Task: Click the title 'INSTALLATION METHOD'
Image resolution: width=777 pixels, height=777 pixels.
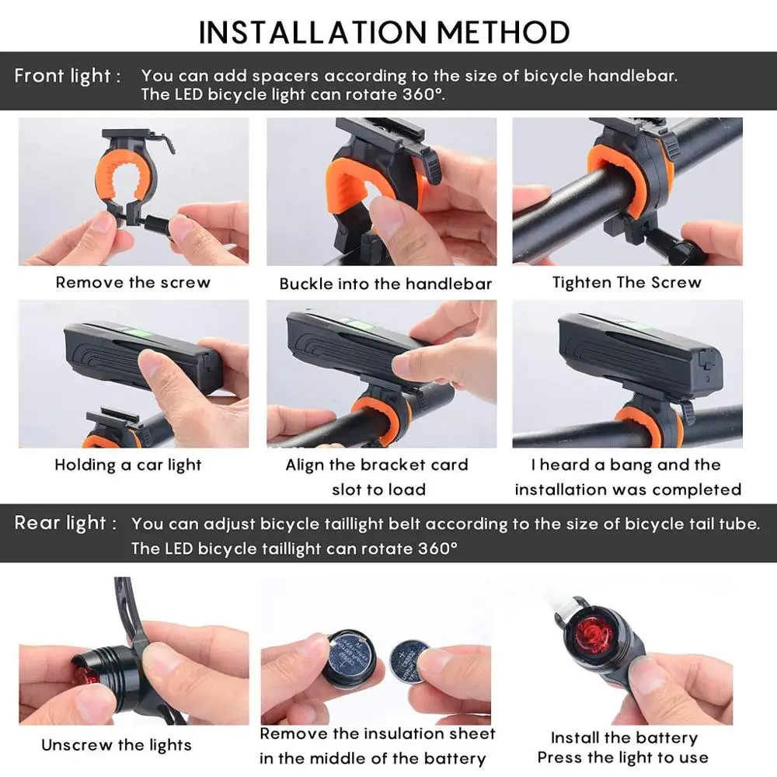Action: point(384,32)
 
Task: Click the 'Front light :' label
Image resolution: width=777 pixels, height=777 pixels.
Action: point(68,76)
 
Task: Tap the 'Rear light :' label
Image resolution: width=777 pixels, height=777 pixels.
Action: point(65,523)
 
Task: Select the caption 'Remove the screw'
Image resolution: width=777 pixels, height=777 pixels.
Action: point(133,283)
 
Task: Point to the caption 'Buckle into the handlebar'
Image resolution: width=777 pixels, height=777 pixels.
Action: point(385,284)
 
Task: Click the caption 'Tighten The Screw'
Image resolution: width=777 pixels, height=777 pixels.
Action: point(627,283)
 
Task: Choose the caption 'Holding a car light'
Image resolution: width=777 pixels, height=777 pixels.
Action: point(128,465)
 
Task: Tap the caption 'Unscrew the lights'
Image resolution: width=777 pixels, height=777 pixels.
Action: point(117,745)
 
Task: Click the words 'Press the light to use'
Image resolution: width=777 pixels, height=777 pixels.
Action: point(623,758)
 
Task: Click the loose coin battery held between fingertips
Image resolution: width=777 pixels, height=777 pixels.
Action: point(409,660)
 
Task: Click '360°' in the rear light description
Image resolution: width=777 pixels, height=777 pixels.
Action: point(437,549)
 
